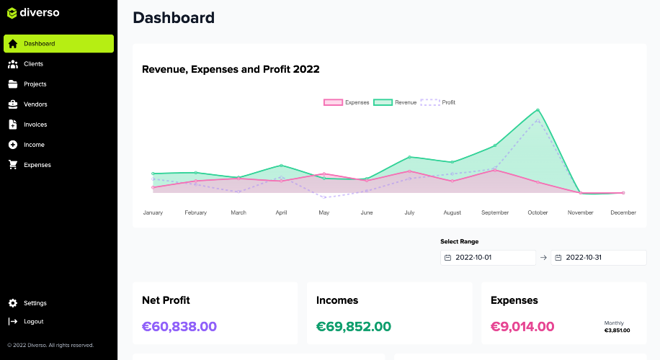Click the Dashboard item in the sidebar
tap(58, 44)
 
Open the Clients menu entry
tap(33, 64)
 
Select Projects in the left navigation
tap(35, 84)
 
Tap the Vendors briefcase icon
tap(13, 104)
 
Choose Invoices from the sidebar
tap(35, 125)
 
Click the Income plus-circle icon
tap(13, 145)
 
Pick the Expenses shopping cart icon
tap(13, 165)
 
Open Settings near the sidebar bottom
tap(35, 303)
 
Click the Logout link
tap(33, 322)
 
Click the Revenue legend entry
tap(396, 103)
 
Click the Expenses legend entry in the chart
tap(347, 103)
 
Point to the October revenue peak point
tap(538, 110)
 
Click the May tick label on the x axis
tap(324, 213)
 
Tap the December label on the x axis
tap(623, 213)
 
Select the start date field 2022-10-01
tap(489, 258)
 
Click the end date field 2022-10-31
tap(598, 258)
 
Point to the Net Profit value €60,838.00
tap(179, 326)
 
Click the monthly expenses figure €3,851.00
tap(617, 330)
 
